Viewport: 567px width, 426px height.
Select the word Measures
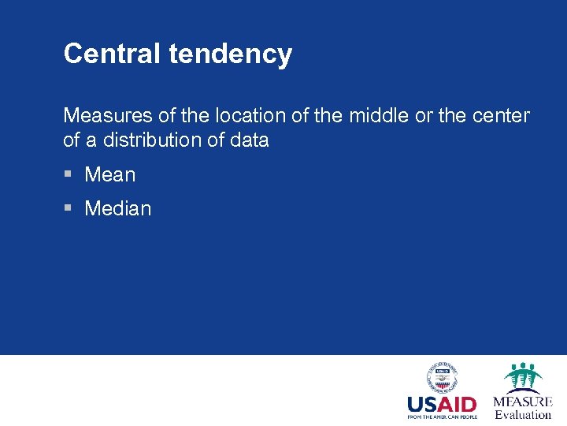pos(108,115)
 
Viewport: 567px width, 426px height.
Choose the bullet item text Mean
pos(110,174)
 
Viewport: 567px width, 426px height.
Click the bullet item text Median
pos(118,208)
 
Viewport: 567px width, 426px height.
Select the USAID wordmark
pos(442,405)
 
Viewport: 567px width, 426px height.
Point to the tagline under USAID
pos(442,417)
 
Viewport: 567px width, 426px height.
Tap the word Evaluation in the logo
pos(523,415)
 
